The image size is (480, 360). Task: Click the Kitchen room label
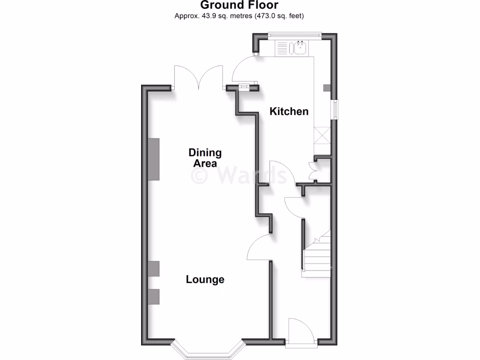289,112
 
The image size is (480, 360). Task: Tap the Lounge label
205,279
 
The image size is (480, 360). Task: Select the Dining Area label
205,158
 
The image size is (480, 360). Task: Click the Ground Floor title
240,5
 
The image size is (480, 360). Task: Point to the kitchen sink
298,47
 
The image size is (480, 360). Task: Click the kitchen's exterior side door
244,68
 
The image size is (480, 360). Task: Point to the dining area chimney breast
154,159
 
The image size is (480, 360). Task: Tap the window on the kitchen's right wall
335,110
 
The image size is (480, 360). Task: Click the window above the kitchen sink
295,34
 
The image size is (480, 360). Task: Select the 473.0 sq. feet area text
280,16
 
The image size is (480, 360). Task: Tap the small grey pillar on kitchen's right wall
327,88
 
